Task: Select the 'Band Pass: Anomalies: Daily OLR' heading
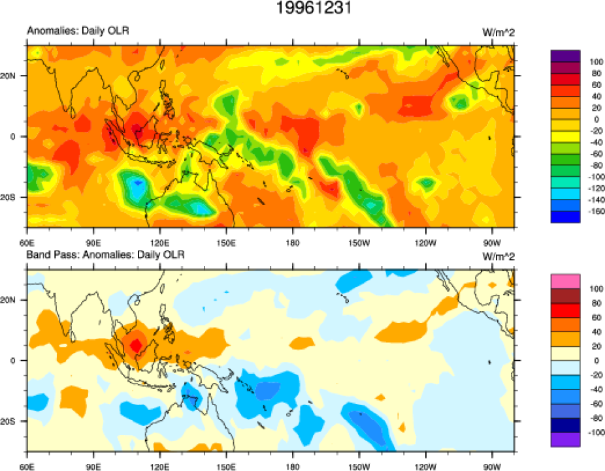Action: pyautogui.click(x=105, y=254)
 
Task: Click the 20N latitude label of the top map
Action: pyautogui.click(x=15, y=76)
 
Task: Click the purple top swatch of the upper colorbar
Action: pyautogui.click(x=565, y=55)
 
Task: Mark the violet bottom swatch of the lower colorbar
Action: pyautogui.click(x=565, y=440)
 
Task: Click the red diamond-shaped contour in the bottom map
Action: pyautogui.click(x=136, y=344)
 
